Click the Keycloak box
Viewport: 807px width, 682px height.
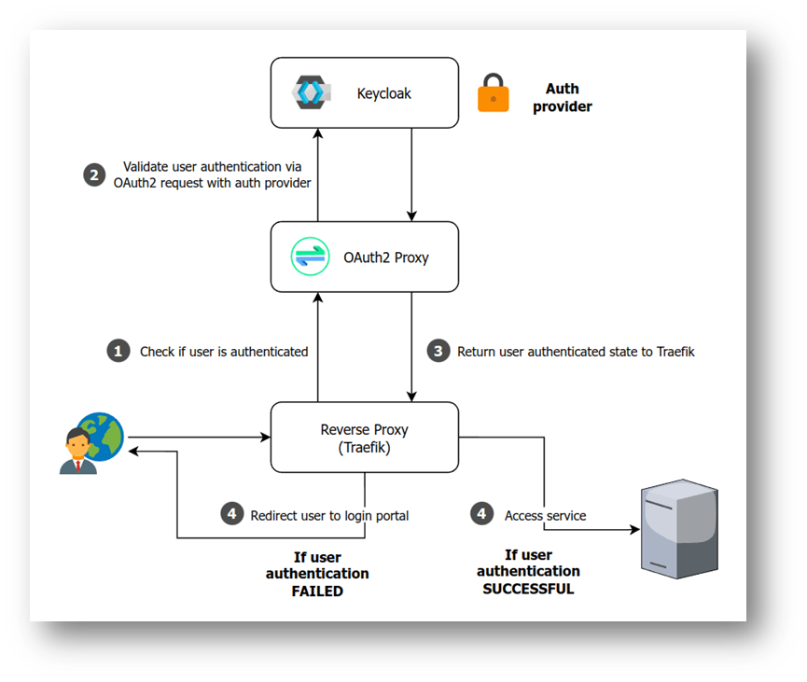pyautogui.click(x=364, y=93)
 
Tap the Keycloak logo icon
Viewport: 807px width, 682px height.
pyautogui.click(x=308, y=93)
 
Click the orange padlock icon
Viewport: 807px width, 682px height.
pyautogui.click(x=494, y=94)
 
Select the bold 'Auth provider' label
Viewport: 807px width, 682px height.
pyautogui.click(x=562, y=98)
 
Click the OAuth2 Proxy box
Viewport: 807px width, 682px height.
pyautogui.click(x=364, y=257)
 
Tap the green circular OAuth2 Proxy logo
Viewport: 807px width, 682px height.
pyautogui.click(x=311, y=257)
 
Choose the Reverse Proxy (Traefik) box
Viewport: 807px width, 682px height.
pyautogui.click(x=364, y=438)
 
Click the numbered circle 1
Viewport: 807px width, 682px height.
pyautogui.click(x=118, y=352)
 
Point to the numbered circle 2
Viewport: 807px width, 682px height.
pyautogui.click(x=94, y=174)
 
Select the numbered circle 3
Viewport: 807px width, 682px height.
pyautogui.click(x=438, y=352)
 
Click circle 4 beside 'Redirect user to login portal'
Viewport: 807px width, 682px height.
pyautogui.click(x=231, y=514)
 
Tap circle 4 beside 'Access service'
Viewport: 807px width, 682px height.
pyautogui.click(x=481, y=514)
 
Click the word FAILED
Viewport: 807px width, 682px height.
pyautogui.click(x=317, y=591)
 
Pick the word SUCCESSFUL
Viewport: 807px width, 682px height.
pyautogui.click(x=528, y=589)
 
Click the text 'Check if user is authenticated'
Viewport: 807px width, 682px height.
pyautogui.click(x=224, y=352)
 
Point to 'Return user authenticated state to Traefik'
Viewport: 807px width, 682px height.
pyautogui.click(x=576, y=352)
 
